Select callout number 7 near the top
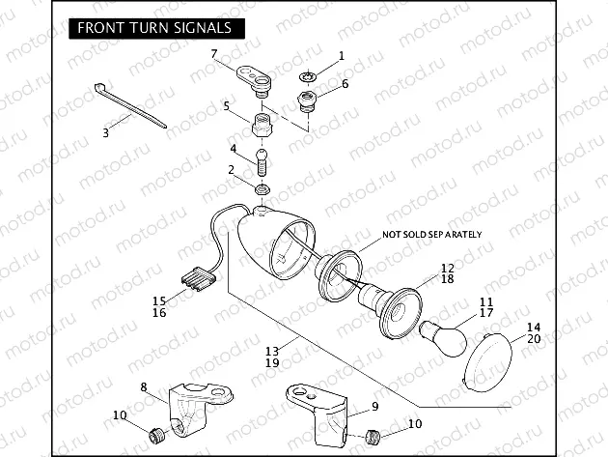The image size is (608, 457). point(214,53)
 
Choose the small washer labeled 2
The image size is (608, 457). point(262,186)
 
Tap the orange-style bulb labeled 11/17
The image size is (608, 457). point(447,333)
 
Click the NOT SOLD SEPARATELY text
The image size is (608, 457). point(431,235)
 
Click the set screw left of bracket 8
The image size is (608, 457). point(151,433)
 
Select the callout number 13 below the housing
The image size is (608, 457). point(272,350)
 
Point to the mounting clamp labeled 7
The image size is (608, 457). point(258,76)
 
